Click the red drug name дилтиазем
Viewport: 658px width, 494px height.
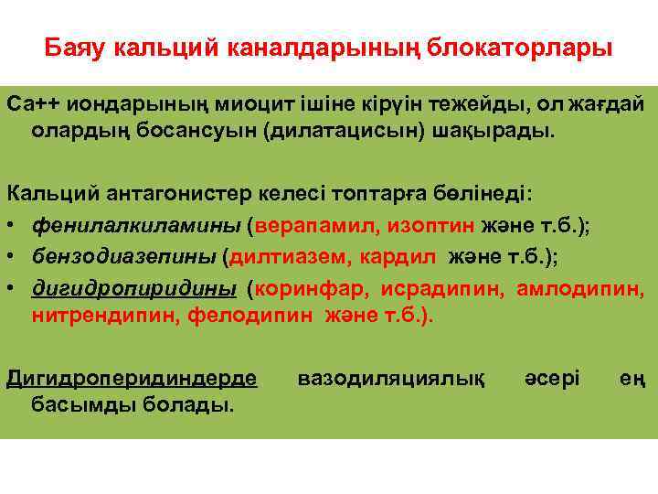(281, 257)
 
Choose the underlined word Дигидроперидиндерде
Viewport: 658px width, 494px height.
(132, 377)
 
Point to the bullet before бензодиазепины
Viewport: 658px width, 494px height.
(14, 257)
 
